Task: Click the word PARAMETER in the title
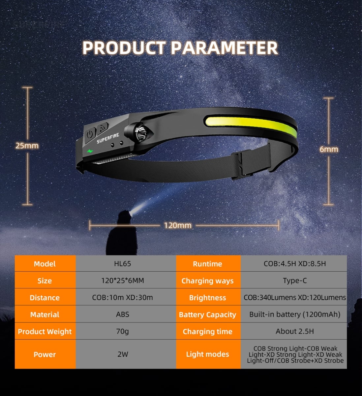224,48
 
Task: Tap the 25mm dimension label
27,146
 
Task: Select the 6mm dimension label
329,149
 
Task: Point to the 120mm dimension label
178,225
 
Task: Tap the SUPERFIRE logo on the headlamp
108,138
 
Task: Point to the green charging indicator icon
90,151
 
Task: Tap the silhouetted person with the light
121,233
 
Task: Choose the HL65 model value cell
123,264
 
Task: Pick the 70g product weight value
123,331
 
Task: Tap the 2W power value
123,354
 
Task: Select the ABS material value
123,314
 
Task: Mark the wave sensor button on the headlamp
103,128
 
